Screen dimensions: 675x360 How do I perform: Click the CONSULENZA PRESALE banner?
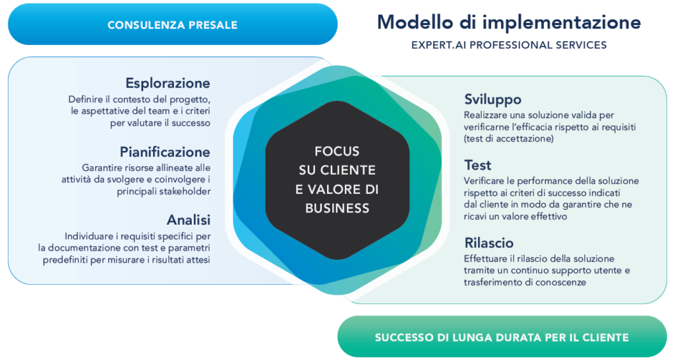click(172, 24)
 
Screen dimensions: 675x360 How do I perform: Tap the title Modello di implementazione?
click(509, 22)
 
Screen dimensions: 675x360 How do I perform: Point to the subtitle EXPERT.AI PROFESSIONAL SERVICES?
click(509, 45)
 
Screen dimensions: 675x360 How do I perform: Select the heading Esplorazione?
click(168, 83)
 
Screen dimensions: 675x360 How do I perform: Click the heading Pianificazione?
click(165, 152)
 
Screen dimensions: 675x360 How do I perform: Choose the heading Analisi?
click(189, 220)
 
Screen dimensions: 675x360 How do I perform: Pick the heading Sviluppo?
click(492, 100)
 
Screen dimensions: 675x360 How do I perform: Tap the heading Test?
click(477, 165)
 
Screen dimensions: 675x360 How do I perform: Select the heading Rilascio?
click(488, 243)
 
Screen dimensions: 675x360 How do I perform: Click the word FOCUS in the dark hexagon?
click(337, 151)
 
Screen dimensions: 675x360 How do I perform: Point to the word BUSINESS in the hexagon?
click(337, 208)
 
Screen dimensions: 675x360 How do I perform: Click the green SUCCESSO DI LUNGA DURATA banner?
click(502, 337)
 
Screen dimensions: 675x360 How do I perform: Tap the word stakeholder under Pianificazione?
click(185, 191)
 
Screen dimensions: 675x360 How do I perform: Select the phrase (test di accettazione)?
click(509, 138)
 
